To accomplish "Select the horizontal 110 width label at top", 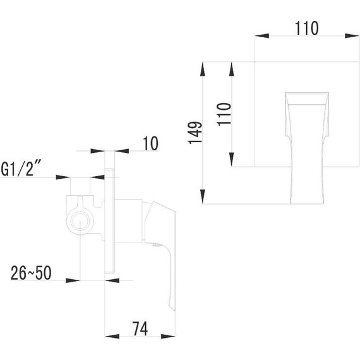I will tap(306, 28).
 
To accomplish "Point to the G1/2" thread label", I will tap(24, 169).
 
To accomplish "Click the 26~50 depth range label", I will tap(31, 273).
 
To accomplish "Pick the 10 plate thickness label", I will tap(150, 143).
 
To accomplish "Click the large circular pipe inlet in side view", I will tap(80, 221).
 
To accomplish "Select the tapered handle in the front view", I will tap(306, 145).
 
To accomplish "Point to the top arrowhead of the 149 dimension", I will tap(202, 65).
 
